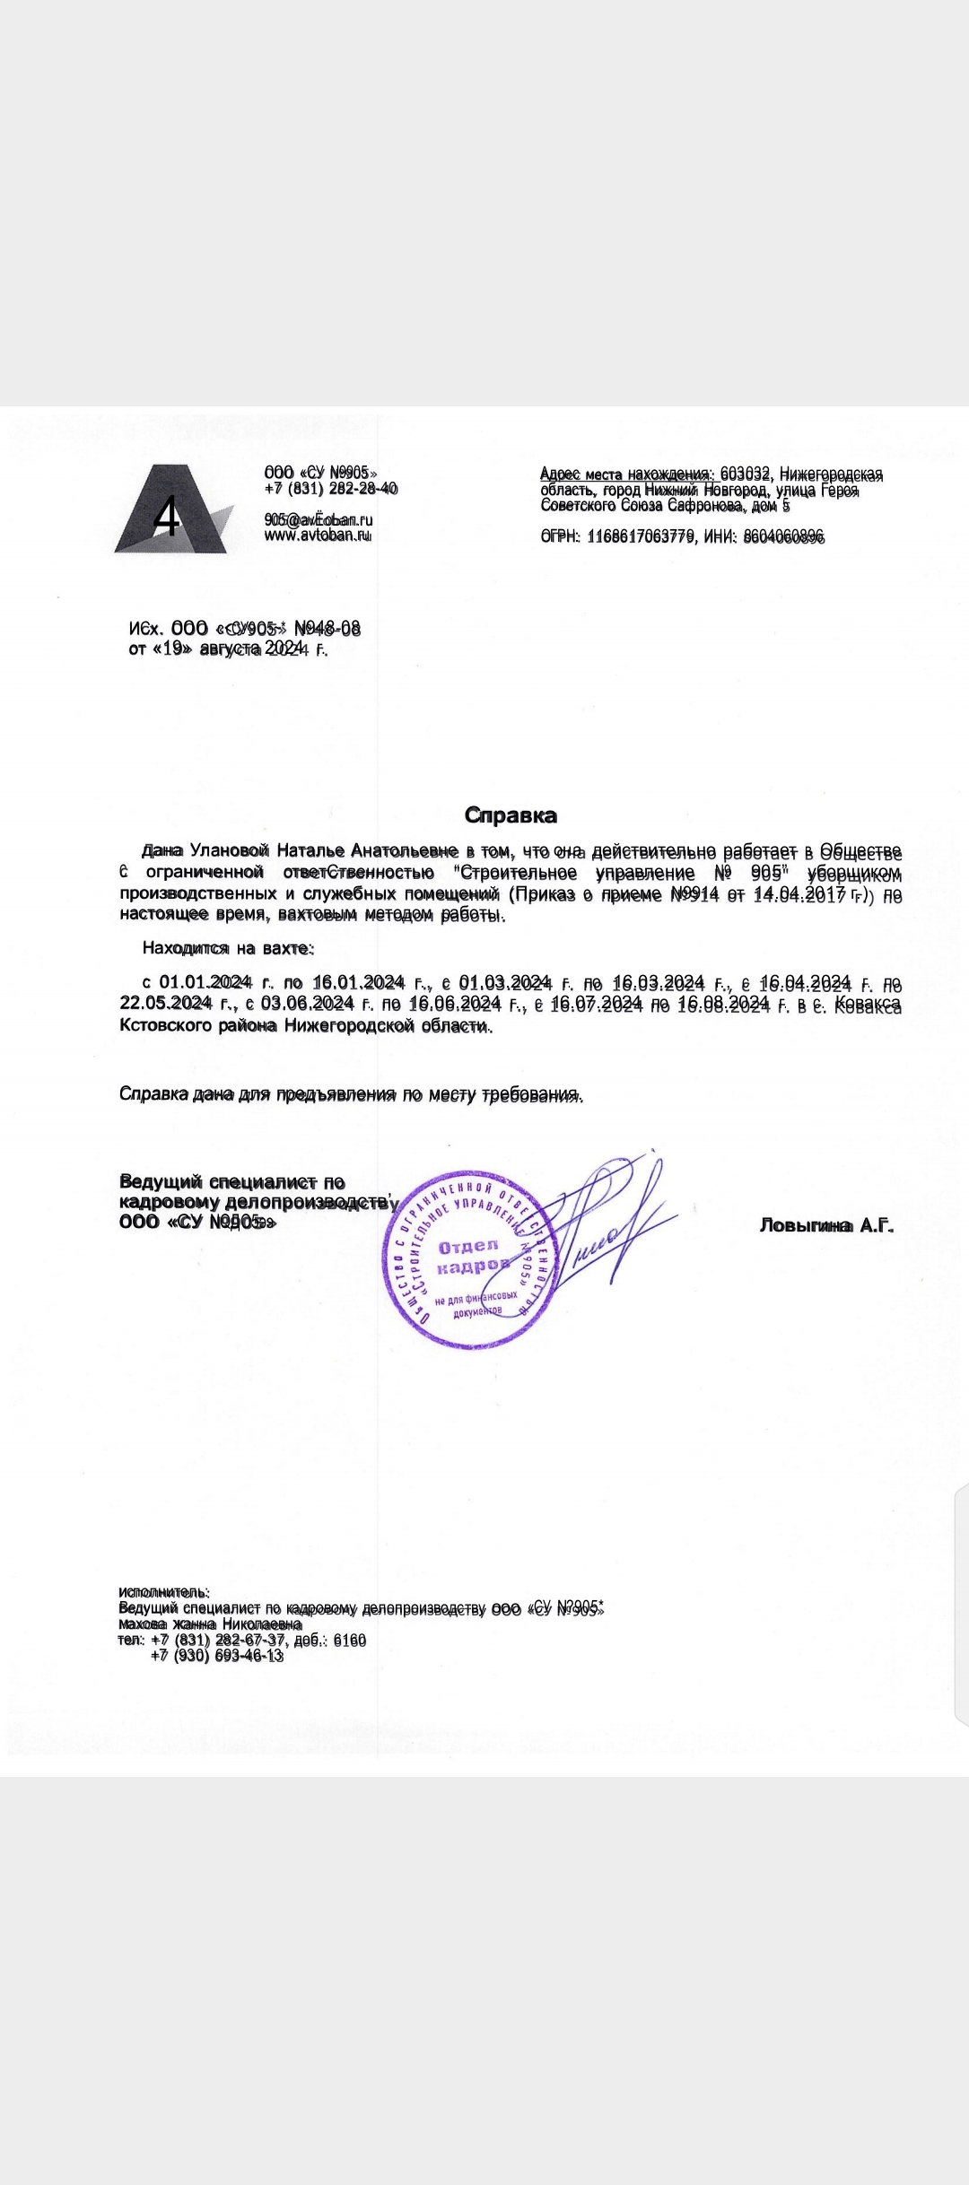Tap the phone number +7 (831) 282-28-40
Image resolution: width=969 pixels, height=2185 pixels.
330,489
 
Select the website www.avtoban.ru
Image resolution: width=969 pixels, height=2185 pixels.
318,535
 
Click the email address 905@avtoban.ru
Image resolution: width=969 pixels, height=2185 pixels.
319,519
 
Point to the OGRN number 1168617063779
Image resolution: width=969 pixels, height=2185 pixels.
641,536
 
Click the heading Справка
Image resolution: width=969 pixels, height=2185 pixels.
511,815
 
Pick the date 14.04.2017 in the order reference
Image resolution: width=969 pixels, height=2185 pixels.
800,894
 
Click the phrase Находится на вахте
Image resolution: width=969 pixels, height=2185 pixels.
227,948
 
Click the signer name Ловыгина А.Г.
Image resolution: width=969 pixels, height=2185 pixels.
826,1225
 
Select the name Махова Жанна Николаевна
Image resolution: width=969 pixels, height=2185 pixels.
210,1624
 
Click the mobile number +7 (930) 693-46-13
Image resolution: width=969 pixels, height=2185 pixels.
217,1656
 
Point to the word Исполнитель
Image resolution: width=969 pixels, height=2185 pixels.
163,1592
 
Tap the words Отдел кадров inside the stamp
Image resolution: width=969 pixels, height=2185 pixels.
470,1256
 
